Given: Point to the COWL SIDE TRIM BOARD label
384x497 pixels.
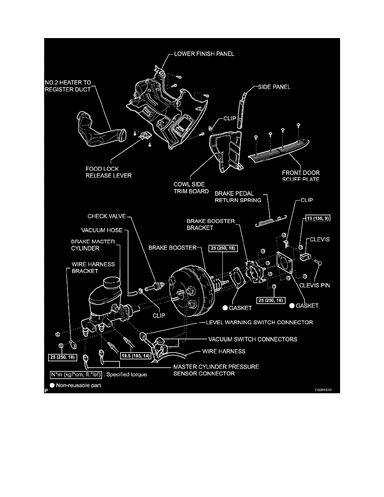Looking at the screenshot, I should [191, 187].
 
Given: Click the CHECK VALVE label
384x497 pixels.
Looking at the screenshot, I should [106, 217].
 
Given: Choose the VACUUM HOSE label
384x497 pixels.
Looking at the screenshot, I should [105, 230].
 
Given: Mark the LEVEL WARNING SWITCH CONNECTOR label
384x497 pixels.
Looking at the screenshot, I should [259, 322].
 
